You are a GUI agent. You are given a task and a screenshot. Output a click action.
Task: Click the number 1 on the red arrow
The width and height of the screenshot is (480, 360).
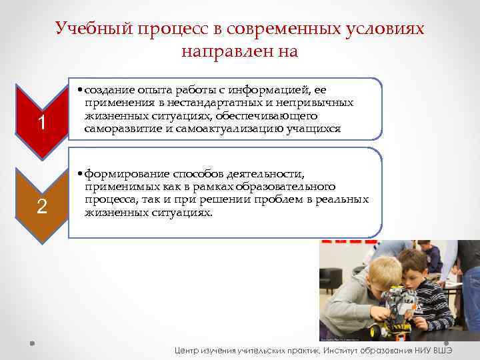coord(42,123)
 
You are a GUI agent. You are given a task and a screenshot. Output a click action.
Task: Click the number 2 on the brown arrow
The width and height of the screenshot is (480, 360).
coord(42,206)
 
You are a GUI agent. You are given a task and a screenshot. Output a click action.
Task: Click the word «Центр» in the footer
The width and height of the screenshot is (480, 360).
coord(188,349)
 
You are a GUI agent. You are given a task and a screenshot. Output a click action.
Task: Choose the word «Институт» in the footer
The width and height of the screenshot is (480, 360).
coord(348,349)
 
